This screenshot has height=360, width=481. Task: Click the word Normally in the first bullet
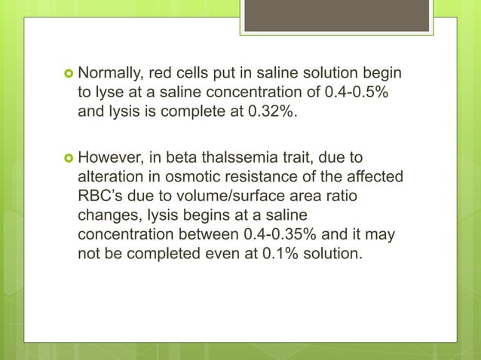coord(112,75)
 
